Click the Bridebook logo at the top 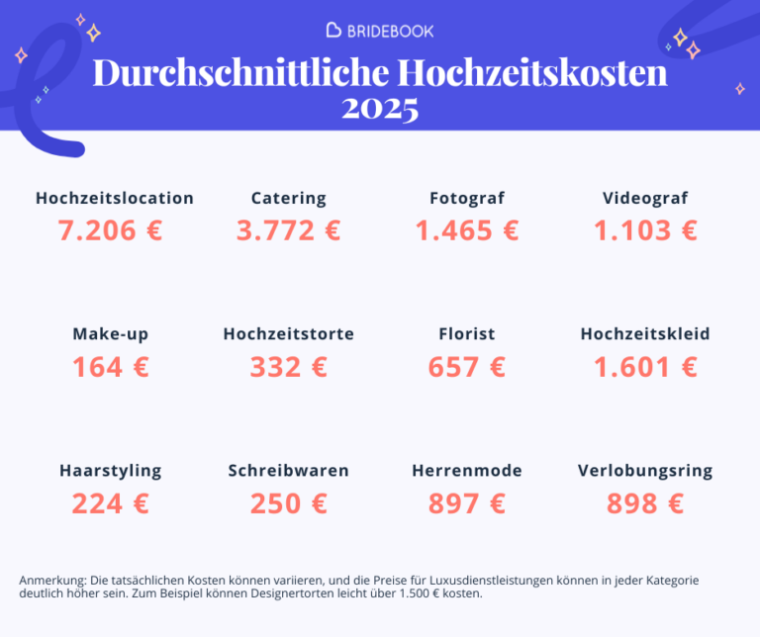(380, 30)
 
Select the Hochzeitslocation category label (115, 198)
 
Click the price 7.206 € (110, 230)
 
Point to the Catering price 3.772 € (288, 230)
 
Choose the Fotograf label (467, 198)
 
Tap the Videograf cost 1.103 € (645, 230)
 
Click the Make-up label (110, 333)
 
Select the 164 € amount (110, 367)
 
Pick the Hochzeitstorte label (288, 333)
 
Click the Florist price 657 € (467, 367)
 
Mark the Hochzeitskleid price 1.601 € (645, 367)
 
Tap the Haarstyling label (110, 470)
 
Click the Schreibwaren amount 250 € (288, 503)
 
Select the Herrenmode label (467, 470)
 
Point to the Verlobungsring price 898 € (645, 503)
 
